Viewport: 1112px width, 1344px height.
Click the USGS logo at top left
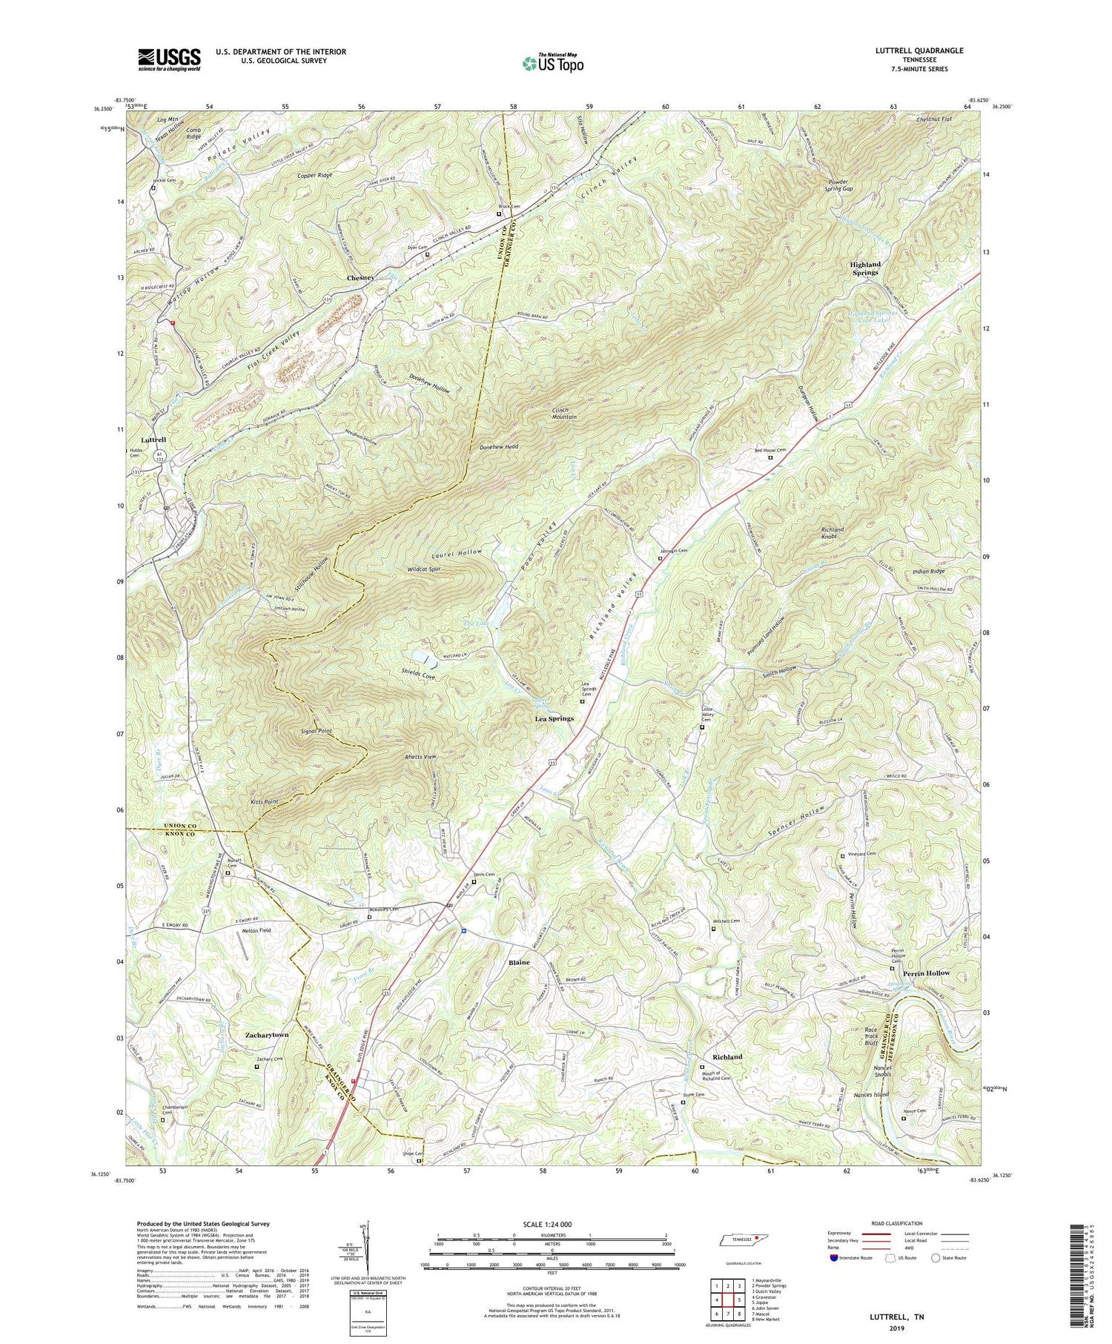(x=169, y=59)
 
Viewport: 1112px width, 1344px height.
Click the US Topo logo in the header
(x=552, y=64)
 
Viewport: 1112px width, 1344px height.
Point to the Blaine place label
(x=519, y=962)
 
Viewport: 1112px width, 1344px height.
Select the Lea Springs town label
(x=555, y=718)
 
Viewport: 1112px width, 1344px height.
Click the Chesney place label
(x=362, y=277)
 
